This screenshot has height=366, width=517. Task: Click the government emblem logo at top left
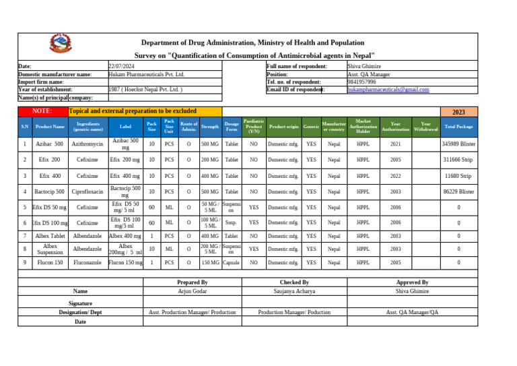[59, 45]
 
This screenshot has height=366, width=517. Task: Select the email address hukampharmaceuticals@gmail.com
[388, 89]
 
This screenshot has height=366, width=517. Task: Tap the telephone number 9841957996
[361, 82]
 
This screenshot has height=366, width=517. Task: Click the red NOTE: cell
[42, 110]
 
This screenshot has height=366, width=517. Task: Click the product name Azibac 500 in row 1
[49, 144]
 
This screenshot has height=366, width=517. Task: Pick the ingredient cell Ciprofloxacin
[89, 192]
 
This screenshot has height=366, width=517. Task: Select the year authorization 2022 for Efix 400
[395, 176]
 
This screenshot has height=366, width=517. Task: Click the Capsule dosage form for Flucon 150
[232, 262]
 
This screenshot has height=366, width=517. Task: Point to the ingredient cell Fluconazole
[89, 262]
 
